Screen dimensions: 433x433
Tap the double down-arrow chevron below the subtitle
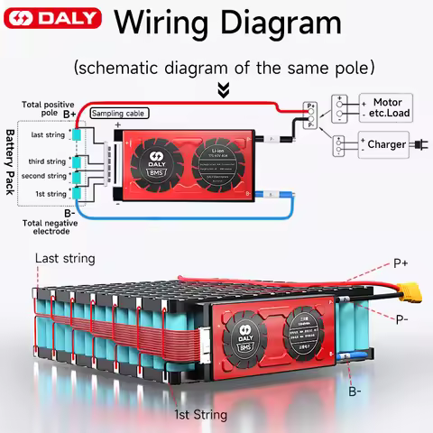pyautogui.click(x=224, y=90)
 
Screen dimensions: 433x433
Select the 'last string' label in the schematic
pyautogui.click(x=49, y=134)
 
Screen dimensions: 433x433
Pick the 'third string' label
pyautogui.click(x=49, y=161)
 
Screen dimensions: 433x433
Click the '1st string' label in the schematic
pyautogui.click(x=51, y=194)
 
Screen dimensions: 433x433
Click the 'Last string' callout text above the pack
pyautogui.click(x=65, y=259)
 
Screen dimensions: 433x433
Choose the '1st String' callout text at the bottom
pyautogui.click(x=201, y=415)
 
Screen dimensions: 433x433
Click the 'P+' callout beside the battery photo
pyautogui.click(x=404, y=263)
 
